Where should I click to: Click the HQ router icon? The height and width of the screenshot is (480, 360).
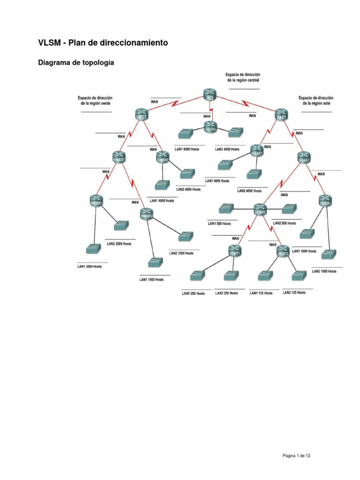click(x=210, y=94)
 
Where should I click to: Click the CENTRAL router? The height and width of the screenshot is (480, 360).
click(x=210, y=126)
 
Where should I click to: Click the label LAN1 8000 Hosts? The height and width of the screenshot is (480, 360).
click(x=187, y=150)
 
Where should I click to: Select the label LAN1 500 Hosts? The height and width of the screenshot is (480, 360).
click(x=220, y=224)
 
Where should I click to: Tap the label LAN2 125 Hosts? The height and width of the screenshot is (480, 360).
click(x=294, y=292)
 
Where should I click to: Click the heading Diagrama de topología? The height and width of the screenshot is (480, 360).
click(x=76, y=62)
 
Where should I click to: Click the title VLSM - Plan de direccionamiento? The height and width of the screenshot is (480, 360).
click(x=103, y=43)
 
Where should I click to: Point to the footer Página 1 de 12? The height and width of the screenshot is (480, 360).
click(x=297, y=455)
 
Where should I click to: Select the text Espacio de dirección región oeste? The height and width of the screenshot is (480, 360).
click(x=96, y=100)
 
